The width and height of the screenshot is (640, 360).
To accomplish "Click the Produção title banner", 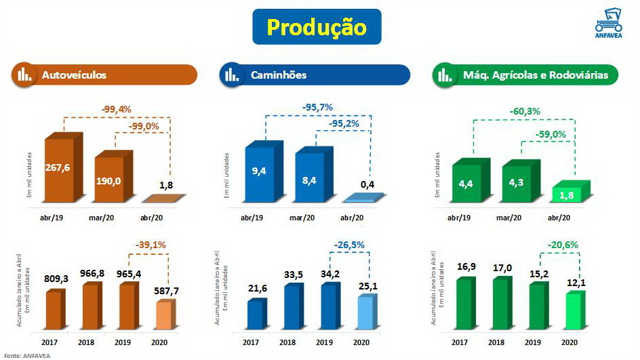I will pos(317,27).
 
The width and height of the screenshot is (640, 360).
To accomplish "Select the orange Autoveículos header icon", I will pos(25,75).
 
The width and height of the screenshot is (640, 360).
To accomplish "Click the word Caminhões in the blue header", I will pos(278,75).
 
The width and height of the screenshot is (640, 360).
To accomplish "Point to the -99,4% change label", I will pos(116,108).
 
